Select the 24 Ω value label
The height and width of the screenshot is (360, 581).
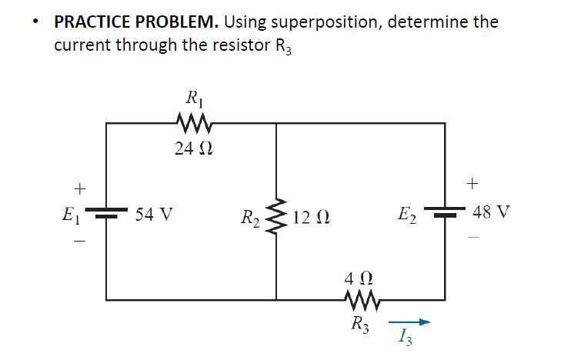(x=189, y=148)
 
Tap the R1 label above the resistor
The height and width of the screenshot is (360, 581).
(x=191, y=98)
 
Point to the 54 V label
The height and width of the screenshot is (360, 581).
(x=153, y=213)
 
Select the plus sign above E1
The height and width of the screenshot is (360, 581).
(x=77, y=188)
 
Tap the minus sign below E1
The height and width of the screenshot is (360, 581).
(x=77, y=240)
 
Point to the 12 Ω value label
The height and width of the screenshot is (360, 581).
(x=311, y=214)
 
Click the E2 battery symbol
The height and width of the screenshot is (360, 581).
(x=445, y=212)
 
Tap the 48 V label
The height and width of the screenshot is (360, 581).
(x=491, y=212)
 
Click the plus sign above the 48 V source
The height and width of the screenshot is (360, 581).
(x=472, y=183)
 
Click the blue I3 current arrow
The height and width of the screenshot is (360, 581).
(x=407, y=323)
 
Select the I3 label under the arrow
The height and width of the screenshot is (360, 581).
(x=405, y=338)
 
